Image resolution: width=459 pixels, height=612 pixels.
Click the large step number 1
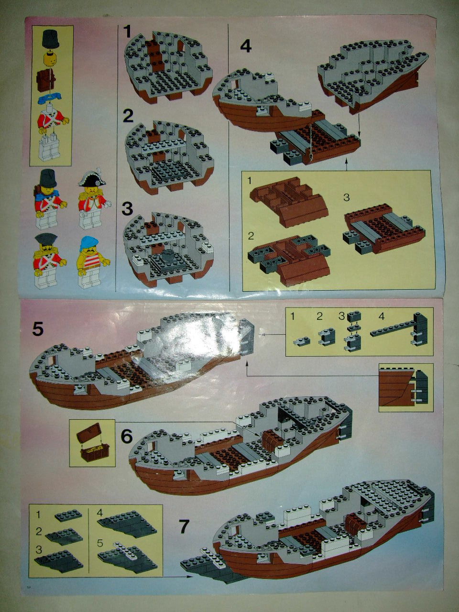127,31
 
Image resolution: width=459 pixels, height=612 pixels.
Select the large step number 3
127,208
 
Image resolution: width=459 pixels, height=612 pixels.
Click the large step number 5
38,329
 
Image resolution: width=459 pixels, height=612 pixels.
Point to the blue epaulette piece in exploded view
51,98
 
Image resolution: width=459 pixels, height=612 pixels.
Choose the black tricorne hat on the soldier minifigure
46,239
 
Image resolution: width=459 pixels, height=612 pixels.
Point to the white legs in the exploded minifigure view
52,150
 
